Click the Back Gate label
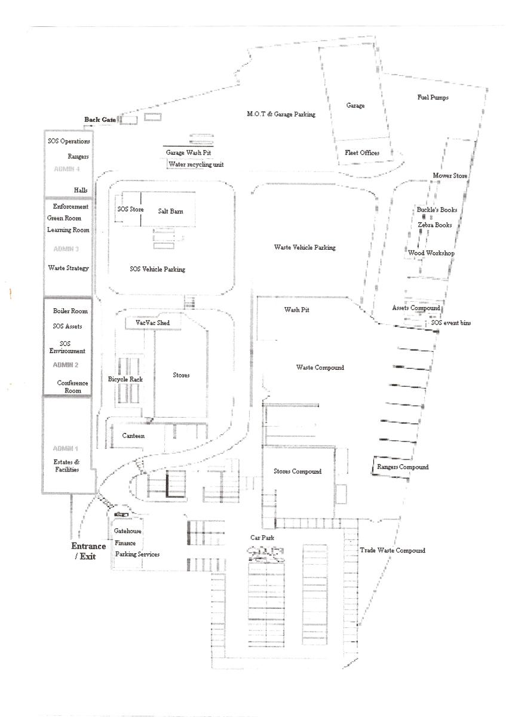pos(100,119)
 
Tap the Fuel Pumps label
pos(433,97)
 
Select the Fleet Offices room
pos(362,153)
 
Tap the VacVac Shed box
pos(152,323)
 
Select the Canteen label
pos(133,436)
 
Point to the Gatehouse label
pos(127,531)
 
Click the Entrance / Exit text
pos(88,551)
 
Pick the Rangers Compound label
pos(402,467)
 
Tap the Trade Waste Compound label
pos(392,550)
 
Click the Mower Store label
pos(450,176)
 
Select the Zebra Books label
pos(434,225)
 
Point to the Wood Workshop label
pos(431,253)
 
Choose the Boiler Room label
pos(70,311)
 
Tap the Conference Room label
pos(72,387)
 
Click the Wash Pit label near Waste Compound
pos(296,310)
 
